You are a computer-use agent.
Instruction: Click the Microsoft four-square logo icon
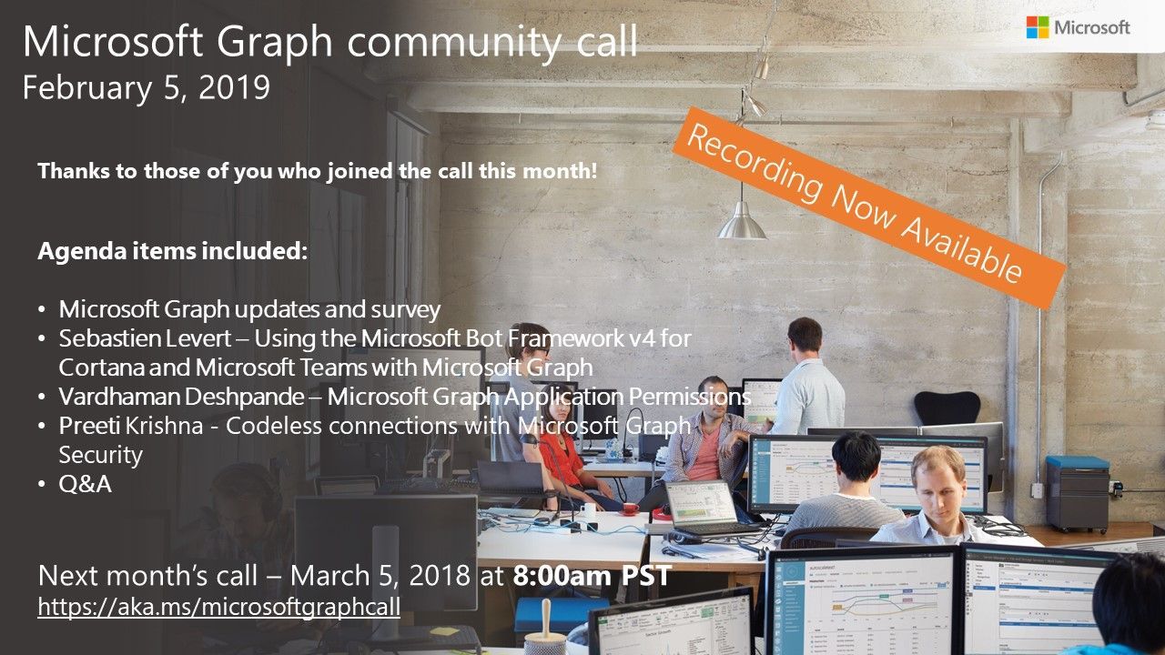[1037, 27]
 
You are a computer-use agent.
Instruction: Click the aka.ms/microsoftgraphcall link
[218, 607]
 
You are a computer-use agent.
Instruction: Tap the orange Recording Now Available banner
[868, 207]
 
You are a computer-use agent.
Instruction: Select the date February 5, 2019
[146, 87]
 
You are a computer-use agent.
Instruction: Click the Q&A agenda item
[85, 484]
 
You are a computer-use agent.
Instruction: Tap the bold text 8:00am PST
[592, 575]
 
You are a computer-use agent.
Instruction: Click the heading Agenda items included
[173, 251]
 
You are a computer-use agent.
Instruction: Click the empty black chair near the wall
[947, 408]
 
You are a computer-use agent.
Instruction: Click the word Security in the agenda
[100, 454]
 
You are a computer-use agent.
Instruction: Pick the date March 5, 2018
[385, 575]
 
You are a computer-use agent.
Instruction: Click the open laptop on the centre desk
[703, 508]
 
